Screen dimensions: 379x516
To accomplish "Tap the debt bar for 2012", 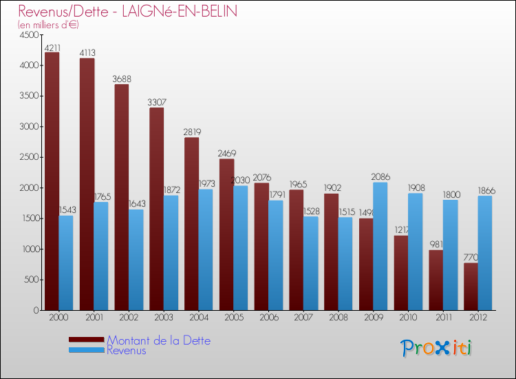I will pos(471,286).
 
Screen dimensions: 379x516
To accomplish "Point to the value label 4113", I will pos(87,52).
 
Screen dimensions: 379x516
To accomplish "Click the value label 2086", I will pos(380,177).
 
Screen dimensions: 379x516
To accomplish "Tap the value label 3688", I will pos(122,79).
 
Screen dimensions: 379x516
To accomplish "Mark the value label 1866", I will pos(485,190).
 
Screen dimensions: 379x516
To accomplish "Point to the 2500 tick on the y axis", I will pos(29,157).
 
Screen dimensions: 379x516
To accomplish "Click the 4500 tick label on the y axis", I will pos(29,34).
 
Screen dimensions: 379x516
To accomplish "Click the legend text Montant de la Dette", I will pos(158,340).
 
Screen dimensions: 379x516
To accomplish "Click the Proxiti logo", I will pos(436,348).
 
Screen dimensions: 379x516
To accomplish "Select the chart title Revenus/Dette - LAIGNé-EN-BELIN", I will pos(128,12).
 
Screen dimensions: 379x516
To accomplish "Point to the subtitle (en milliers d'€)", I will pos(49,25).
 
